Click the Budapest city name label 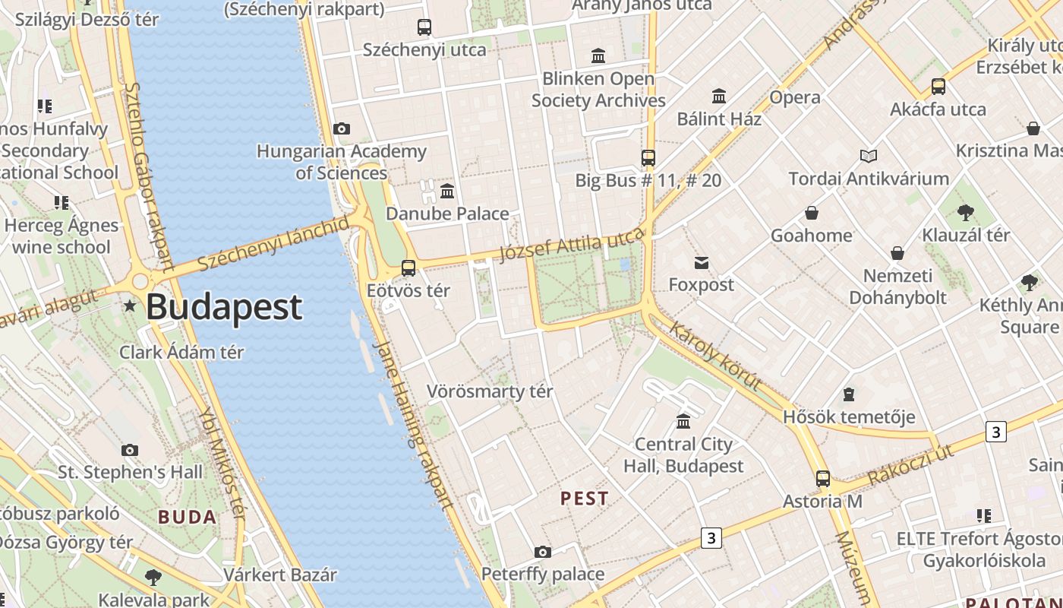click(x=224, y=307)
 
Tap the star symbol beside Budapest click(x=130, y=306)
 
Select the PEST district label click(x=584, y=499)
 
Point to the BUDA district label click(x=188, y=518)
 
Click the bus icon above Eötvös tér click(x=408, y=268)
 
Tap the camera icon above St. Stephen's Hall click(x=130, y=450)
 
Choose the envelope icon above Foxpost click(x=702, y=263)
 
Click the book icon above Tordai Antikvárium click(x=869, y=156)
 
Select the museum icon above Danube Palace click(x=447, y=191)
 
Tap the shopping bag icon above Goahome click(x=812, y=213)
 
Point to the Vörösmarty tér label click(x=490, y=391)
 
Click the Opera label click(x=795, y=97)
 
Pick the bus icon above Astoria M click(x=823, y=479)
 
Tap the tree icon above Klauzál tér click(x=966, y=213)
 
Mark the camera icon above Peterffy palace click(x=542, y=552)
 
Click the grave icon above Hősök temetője click(x=848, y=394)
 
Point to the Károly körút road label click(x=714, y=354)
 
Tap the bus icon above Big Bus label click(x=648, y=158)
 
